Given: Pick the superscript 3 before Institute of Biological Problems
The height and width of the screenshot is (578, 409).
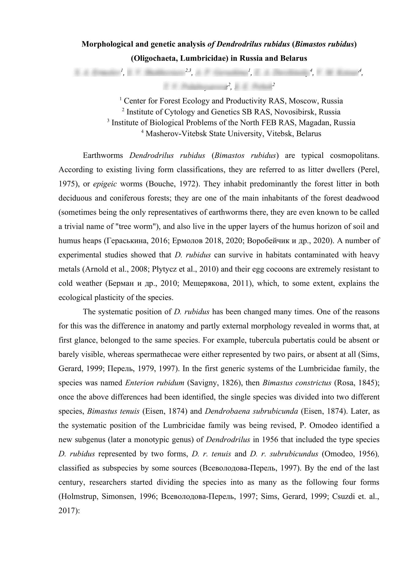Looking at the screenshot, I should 108,121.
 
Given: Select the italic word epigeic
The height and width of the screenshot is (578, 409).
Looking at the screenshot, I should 105,184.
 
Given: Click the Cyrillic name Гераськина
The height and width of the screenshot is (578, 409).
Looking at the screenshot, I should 126,241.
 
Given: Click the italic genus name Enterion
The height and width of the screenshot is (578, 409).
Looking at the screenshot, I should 139,383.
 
